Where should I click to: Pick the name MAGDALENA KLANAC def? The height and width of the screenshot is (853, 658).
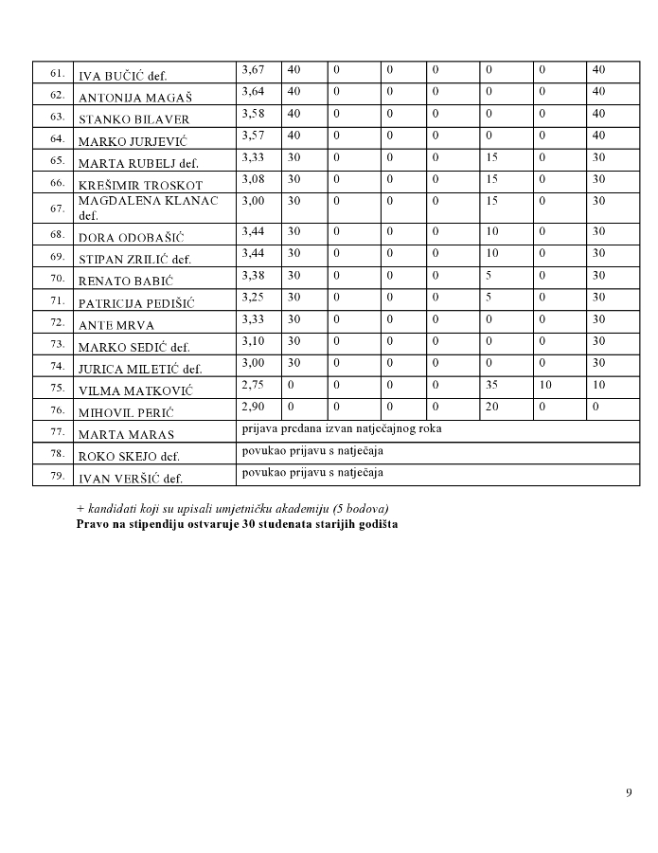pos(148,208)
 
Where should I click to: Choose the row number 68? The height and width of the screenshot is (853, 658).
pos(57,234)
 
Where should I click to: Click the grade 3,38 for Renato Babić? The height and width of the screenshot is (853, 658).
pos(251,276)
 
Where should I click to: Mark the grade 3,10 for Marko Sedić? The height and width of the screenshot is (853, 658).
pos(251,341)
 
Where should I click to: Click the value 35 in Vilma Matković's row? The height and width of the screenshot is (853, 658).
pos(491,385)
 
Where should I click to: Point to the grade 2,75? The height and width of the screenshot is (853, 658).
pos(251,385)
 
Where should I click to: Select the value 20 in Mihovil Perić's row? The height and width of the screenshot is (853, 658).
pos(491,407)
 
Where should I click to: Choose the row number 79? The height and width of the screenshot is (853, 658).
pos(57,475)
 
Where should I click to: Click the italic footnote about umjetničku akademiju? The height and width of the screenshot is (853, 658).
pos(232,510)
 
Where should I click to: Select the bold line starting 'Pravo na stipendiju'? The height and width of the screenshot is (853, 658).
pos(237,523)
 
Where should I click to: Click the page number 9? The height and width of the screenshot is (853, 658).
pos(629,793)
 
